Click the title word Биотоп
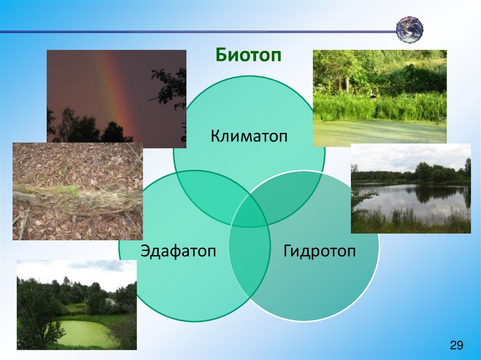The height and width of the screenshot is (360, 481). click(x=248, y=55)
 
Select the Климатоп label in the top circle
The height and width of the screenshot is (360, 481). click(x=249, y=136)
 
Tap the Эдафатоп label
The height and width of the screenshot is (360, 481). click(x=178, y=251)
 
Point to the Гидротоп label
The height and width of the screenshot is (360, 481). click(x=319, y=251)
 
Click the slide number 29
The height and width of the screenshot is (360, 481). click(x=457, y=345)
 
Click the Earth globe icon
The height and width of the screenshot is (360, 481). click(x=410, y=30)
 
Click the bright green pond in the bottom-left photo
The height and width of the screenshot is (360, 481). click(x=83, y=333)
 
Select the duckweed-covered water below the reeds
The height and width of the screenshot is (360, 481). click(x=380, y=132)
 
